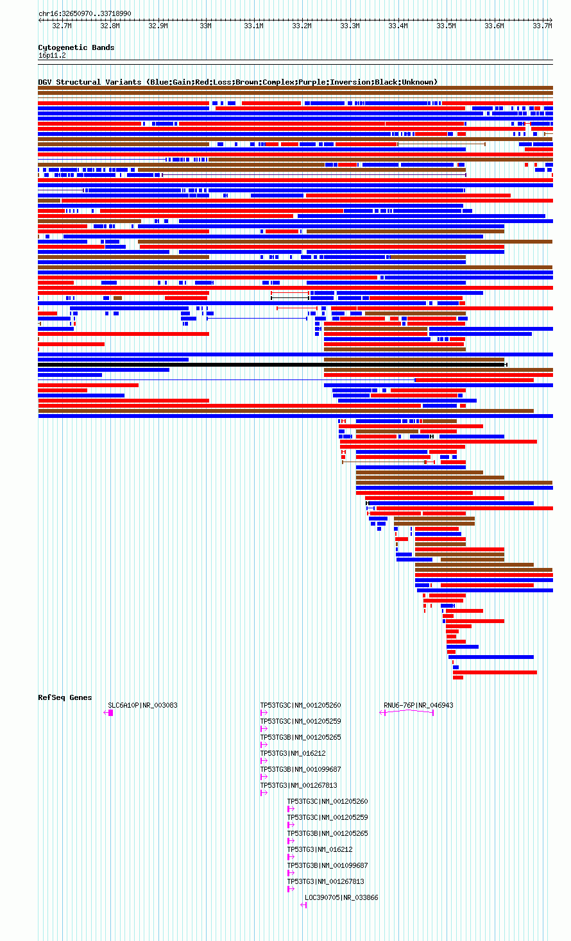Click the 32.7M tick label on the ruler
[62, 26]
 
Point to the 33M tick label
[205, 26]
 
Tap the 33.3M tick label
[350, 26]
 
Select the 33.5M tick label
[446, 26]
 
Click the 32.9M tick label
[158, 26]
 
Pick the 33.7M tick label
[542, 26]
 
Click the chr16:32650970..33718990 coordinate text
[85, 14]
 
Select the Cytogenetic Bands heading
[76, 47]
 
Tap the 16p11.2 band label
[52, 56]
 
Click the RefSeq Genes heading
[65, 697]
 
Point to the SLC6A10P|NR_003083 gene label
[142, 705]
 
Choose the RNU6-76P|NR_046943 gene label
[418, 705]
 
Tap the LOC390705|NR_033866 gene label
[341, 897]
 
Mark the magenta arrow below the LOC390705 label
[303, 905]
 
